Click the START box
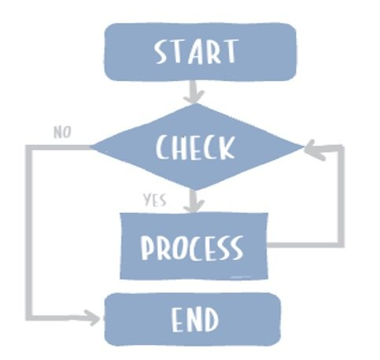click(200, 53)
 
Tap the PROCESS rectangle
click(192, 247)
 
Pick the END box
click(193, 319)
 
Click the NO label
click(63, 132)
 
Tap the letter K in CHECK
click(227, 147)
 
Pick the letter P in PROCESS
click(147, 247)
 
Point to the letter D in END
click(212, 320)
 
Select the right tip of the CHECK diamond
click(302, 147)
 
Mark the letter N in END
click(193, 320)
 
